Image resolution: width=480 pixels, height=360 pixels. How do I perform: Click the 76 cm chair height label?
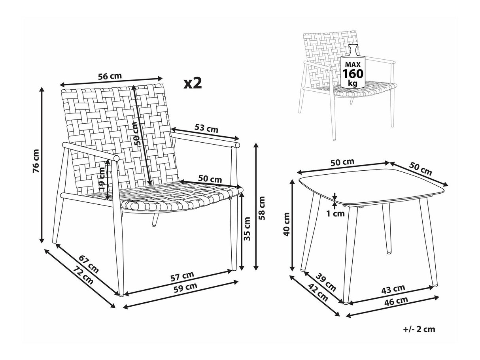[x=36, y=161]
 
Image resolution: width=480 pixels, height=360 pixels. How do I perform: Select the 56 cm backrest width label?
[x=110, y=76]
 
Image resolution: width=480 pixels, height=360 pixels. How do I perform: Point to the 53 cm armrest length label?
[x=206, y=128]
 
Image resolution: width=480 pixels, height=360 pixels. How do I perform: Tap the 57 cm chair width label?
[x=182, y=276]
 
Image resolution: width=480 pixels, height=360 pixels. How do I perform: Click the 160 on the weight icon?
[x=353, y=74]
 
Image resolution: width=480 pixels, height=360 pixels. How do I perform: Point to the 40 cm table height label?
[x=286, y=224]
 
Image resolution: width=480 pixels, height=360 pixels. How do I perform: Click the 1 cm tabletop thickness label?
[x=336, y=213]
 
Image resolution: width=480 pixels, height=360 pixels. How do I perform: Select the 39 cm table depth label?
[x=325, y=282]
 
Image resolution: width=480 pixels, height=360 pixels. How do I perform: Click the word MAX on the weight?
[x=353, y=64]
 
